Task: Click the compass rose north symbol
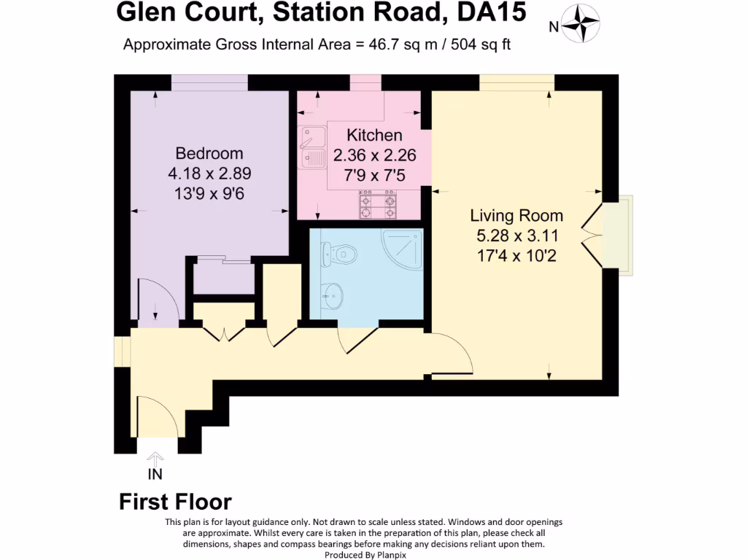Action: pos(581,24)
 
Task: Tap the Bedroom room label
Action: pos(209,154)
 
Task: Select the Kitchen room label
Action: pos(374,135)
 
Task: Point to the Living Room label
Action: pos(516,216)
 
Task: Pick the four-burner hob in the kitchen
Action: pos(378,204)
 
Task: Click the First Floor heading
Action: pos(175,502)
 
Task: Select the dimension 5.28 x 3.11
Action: pos(516,236)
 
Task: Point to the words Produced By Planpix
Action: pos(363,554)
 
